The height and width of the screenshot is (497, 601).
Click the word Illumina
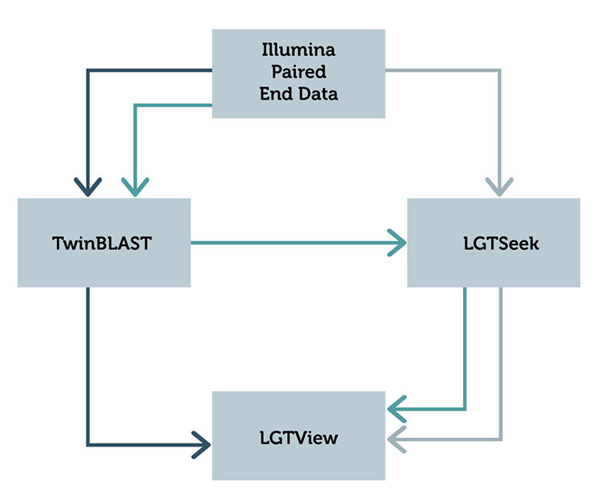pos(298,51)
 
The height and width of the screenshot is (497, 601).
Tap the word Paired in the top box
pos(298,72)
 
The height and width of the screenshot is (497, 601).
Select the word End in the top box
pos(274,94)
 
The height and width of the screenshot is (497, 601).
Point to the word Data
pos(317,94)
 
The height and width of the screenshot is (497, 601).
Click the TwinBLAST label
pos(103,244)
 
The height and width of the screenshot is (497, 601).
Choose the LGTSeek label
pos(494,244)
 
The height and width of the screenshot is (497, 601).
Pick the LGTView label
pos(298,438)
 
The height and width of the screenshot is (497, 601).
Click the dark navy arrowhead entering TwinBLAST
pos(88,189)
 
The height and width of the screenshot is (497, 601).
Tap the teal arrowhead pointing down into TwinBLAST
pos(135,189)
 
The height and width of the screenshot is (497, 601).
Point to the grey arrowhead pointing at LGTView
pos(397,439)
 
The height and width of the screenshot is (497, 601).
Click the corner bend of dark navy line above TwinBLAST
pos(88,71)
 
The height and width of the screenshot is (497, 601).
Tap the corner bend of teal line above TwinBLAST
pos(135,105)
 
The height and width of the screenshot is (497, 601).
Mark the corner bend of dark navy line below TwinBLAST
pos(88,443)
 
